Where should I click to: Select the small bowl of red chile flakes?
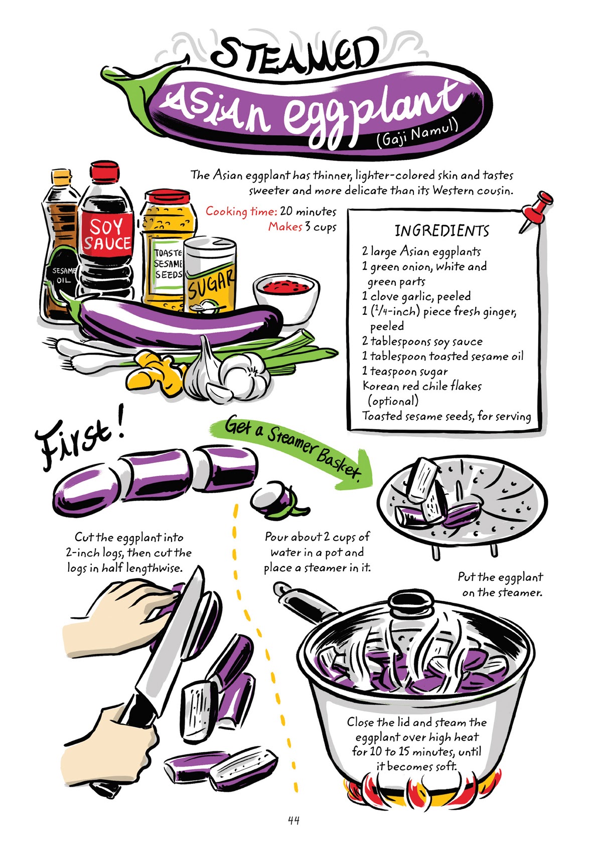coord(286,290)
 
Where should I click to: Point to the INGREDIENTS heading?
coord(441,231)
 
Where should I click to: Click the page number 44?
coord(293,820)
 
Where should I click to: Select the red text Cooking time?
coord(241,211)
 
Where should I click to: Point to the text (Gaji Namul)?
coord(417,132)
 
